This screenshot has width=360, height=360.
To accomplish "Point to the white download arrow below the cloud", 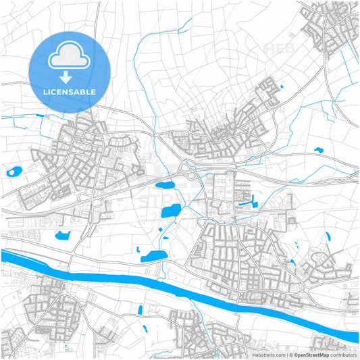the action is coord(68,75).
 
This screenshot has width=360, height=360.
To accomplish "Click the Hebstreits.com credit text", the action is coord(268,354).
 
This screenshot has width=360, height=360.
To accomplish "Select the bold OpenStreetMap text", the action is coord(311,354).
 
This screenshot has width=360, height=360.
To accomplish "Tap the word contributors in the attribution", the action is coord(343,354).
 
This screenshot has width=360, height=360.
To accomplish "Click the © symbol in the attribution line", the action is coord(290,354).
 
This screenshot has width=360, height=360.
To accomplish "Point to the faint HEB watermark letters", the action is coord(278,49).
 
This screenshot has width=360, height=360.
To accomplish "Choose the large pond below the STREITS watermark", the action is coord(171,211).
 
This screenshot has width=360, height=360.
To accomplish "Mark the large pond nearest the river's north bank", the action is coord(154,256).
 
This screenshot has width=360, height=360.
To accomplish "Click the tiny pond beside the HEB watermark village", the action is coord(281,86).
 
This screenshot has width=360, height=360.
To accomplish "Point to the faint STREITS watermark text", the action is coord(162,201).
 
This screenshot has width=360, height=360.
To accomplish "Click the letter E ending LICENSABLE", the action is coord(93,92).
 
